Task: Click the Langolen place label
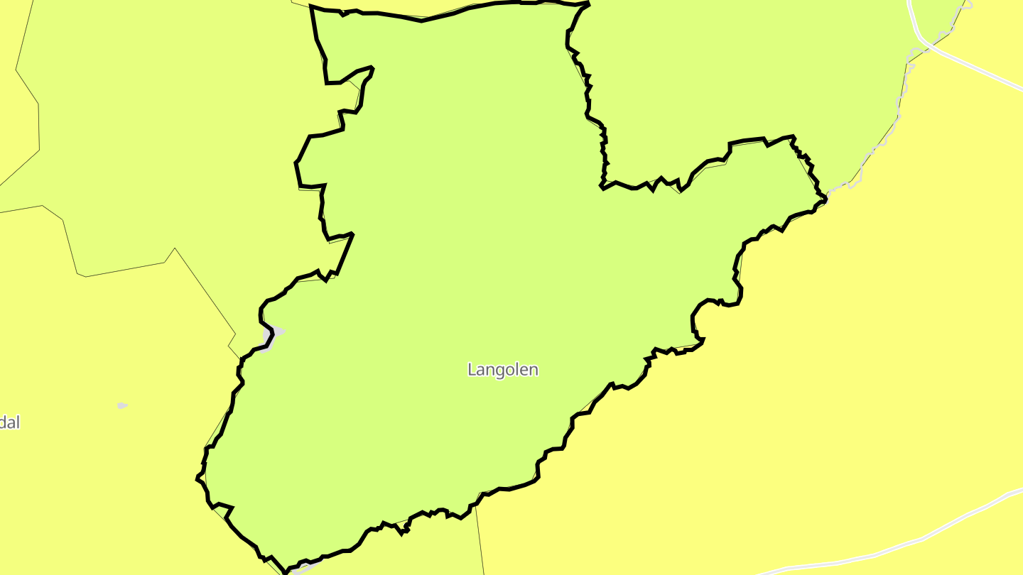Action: tap(503, 370)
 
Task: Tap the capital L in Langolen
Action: tap(472, 370)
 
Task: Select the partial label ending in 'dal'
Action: tap(9, 423)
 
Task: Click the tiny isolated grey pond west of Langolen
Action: tap(122, 405)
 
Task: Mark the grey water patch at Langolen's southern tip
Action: tap(303, 568)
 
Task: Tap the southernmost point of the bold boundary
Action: tap(286, 572)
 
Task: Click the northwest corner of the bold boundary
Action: tap(312, 7)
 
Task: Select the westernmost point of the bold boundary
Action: tap(197, 478)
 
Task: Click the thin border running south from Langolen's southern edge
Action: tap(480, 540)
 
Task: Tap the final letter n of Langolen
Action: tap(534, 370)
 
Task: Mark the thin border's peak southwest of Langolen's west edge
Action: tap(175, 248)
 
